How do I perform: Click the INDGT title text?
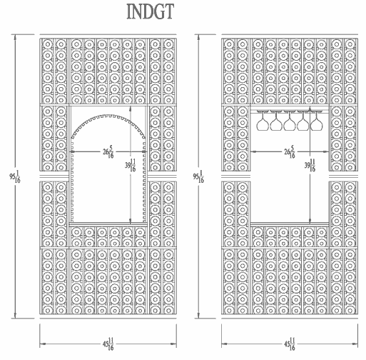(151, 11)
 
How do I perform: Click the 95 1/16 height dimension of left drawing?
(15, 176)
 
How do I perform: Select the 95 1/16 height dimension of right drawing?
(198, 176)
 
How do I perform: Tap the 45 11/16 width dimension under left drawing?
(108, 344)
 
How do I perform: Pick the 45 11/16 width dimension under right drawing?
(290, 344)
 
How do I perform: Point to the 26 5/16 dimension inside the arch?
(108, 151)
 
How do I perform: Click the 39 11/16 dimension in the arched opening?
(131, 165)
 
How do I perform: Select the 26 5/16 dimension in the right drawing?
(290, 151)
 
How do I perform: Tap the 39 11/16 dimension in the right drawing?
(310, 165)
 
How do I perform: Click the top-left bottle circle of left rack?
(48, 44)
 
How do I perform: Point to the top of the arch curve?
(108, 116)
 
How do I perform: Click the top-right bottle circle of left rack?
(168, 44)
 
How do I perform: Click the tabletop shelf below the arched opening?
(108, 224)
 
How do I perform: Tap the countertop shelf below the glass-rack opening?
(290, 224)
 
